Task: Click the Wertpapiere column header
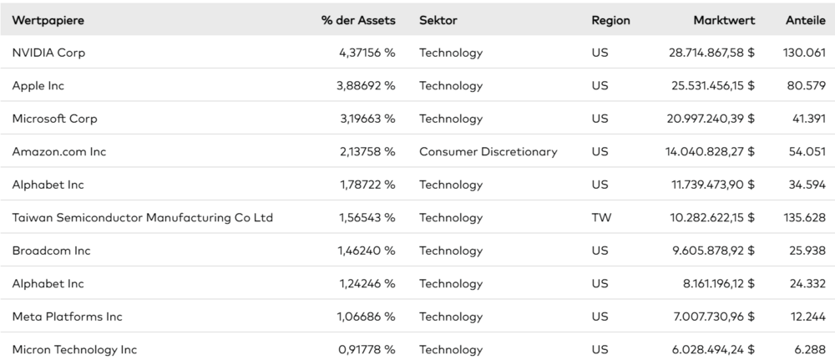click(48, 20)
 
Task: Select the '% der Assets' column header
click(358, 20)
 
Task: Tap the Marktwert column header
click(724, 20)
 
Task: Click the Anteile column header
click(806, 20)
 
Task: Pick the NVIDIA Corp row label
click(48, 53)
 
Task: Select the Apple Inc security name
click(38, 86)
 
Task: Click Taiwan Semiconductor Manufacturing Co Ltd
click(143, 217)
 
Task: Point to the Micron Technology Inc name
click(74, 349)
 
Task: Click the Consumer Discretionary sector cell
click(488, 152)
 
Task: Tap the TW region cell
click(602, 217)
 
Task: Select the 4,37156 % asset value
click(367, 53)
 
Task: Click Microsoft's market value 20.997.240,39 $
click(711, 119)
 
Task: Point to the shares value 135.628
click(805, 217)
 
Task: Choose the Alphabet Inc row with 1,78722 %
click(48, 185)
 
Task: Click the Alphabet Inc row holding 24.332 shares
click(48, 283)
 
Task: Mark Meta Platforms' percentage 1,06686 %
click(367, 317)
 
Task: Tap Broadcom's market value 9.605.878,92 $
click(714, 251)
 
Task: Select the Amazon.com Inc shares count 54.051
click(807, 152)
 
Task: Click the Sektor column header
click(438, 20)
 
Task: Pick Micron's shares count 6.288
click(810, 349)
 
